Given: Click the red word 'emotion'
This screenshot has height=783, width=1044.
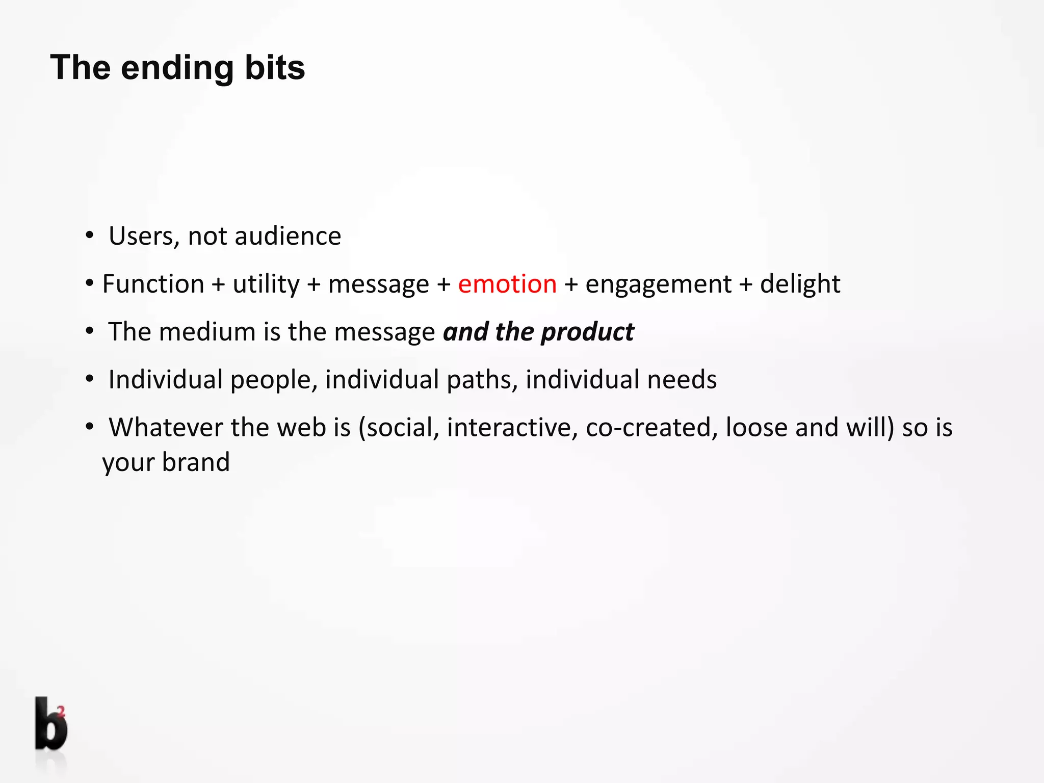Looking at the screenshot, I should coord(507,284).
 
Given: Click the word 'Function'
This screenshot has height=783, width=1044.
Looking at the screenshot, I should coord(153,284).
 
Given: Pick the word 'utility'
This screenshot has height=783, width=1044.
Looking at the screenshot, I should coord(266,284).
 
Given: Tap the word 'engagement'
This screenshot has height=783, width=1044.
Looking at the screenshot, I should coord(658,284).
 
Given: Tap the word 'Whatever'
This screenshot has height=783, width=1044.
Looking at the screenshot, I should coord(165,427).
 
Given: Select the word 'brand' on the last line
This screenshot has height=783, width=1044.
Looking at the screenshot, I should coord(196,462).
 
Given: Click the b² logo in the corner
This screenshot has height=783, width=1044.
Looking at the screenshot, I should coord(50,724).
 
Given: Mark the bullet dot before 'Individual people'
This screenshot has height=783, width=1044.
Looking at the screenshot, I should coord(90,379).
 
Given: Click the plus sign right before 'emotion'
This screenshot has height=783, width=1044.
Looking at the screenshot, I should coord(443,284).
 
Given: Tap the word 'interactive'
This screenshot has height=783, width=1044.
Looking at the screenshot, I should coord(512,427).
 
